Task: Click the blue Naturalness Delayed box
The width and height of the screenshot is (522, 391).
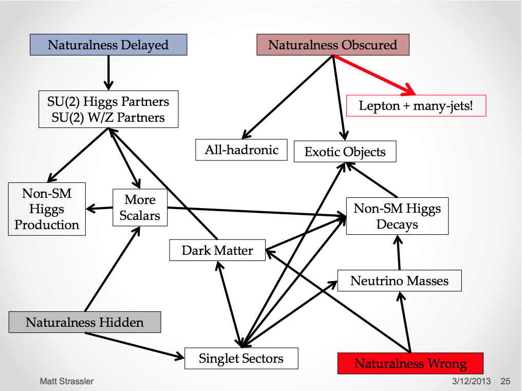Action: click(108, 45)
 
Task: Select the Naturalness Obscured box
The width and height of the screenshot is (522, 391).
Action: click(333, 45)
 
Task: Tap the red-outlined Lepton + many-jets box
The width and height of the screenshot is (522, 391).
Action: click(416, 106)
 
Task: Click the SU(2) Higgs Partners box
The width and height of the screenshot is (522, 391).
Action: click(108, 109)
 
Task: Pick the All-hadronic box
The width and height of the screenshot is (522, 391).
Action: click(241, 150)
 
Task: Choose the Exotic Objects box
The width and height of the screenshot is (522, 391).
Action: click(345, 152)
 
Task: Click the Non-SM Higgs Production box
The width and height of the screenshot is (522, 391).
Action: click(47, 209)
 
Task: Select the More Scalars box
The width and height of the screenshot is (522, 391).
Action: click(140, 208)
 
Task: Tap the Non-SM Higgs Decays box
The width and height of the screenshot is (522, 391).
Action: click(397, 216)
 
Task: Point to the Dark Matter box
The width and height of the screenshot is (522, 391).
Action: click(217, 250)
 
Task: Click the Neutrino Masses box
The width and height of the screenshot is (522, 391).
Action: click(400, 281)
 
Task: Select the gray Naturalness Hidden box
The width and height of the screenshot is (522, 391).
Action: click(85, 322)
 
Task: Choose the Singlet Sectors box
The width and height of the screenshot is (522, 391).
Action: click(241, 358)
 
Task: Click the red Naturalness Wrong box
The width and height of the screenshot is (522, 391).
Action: click(411, 363)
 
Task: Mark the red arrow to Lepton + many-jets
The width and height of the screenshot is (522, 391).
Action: click(374, 75)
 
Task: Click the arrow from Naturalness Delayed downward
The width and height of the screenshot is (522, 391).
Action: click(108, 73)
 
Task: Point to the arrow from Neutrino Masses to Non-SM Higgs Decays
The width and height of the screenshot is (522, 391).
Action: click(399, 252)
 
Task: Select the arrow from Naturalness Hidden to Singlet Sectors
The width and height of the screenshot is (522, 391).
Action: click(135, 345)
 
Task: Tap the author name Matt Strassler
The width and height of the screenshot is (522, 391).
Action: click(67, 381)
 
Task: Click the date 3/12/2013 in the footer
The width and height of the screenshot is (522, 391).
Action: click(471, 381)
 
